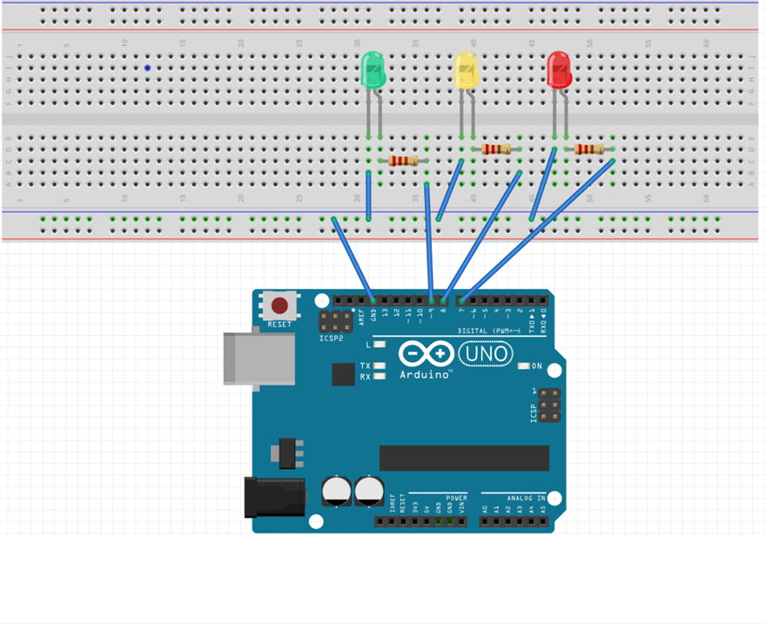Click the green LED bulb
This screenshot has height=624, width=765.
[372, 70]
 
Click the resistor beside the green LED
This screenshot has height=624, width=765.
[403, 161]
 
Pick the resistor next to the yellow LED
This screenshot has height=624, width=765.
[496, 150]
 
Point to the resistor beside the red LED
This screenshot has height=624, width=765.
[589, 150]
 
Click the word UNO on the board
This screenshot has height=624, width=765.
[485, 353]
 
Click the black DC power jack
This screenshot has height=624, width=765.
[274, 496]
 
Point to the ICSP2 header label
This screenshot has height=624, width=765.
[332, 338]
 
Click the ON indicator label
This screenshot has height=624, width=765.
[537, 366]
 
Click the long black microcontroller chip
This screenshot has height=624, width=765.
[464, 458]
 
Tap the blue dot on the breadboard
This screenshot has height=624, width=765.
[148, 68]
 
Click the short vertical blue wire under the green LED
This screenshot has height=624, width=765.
[369, 196]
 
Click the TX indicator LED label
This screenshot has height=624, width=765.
[366, 366]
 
